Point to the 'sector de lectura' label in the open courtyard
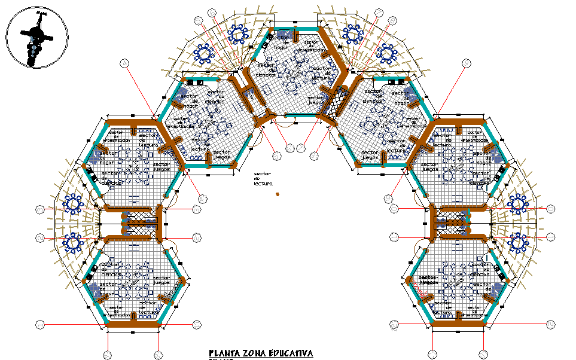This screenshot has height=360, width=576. click(x=262, y=178)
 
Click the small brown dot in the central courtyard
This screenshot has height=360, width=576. click(x=278, y=194)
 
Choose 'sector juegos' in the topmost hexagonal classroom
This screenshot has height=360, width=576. click(x=316, y=98)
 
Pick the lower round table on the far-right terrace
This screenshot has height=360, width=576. click(x=518, y=242)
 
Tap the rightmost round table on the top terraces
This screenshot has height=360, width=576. click(x=388, y=54)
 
